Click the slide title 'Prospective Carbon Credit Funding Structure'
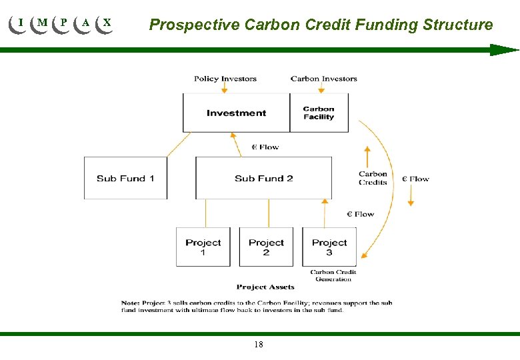tap(321, 25)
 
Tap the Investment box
tap(236, 113)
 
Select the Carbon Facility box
tap(319, 113)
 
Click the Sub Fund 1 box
tap(125, 178)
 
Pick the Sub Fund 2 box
tap(263, 178)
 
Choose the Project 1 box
tap(203, 247)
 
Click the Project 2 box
tap(266, 247)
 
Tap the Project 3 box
tap(329, 247)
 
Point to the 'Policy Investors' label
tap(225, 79)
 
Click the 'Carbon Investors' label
tap(324, 79)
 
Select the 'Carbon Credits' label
tap(373, 178)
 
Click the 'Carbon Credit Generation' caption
tap(333, 275)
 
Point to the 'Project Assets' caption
tap(265, 287)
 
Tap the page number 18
tap(259, 345)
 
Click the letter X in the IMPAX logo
tap(107, 23)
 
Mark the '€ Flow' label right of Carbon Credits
tap(415, 179)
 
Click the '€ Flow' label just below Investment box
tap(265, 147)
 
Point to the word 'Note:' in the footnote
tap(131, 303)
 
